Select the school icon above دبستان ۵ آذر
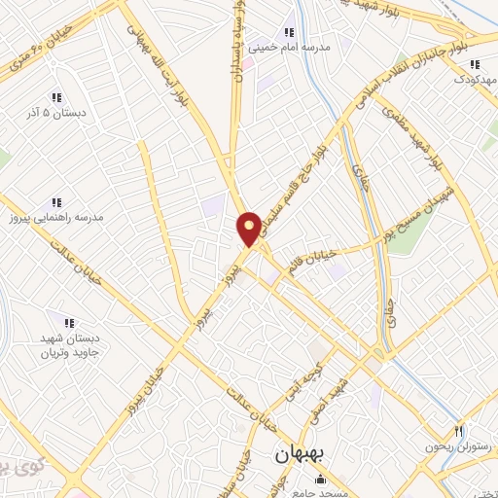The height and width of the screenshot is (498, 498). pyautogui.click(x=55, y=97)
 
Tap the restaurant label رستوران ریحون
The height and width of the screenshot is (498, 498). pyautogui.click(x=454, y=446)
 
